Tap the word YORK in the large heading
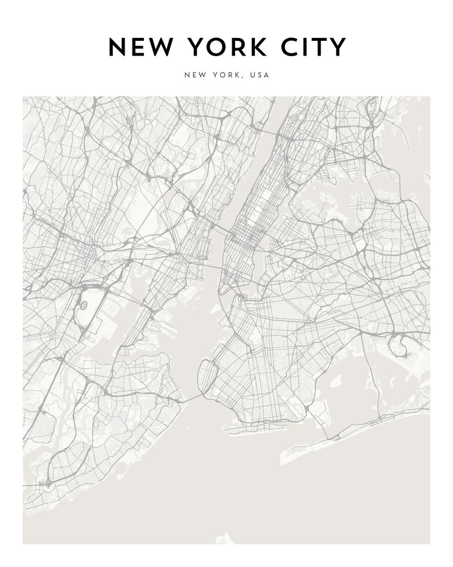click(x=229, y=48)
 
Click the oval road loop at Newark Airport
click(x=83, y=305)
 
